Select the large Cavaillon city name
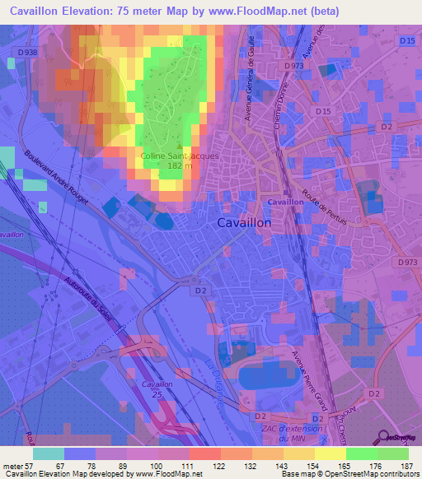pyautogui.click(x=244, y=222)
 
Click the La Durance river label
pyautogui.click(x=216, y=378)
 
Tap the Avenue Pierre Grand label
pyautogui.click(x=310, y=379)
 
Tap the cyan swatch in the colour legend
pyautogui.click(x=48, y=453)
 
